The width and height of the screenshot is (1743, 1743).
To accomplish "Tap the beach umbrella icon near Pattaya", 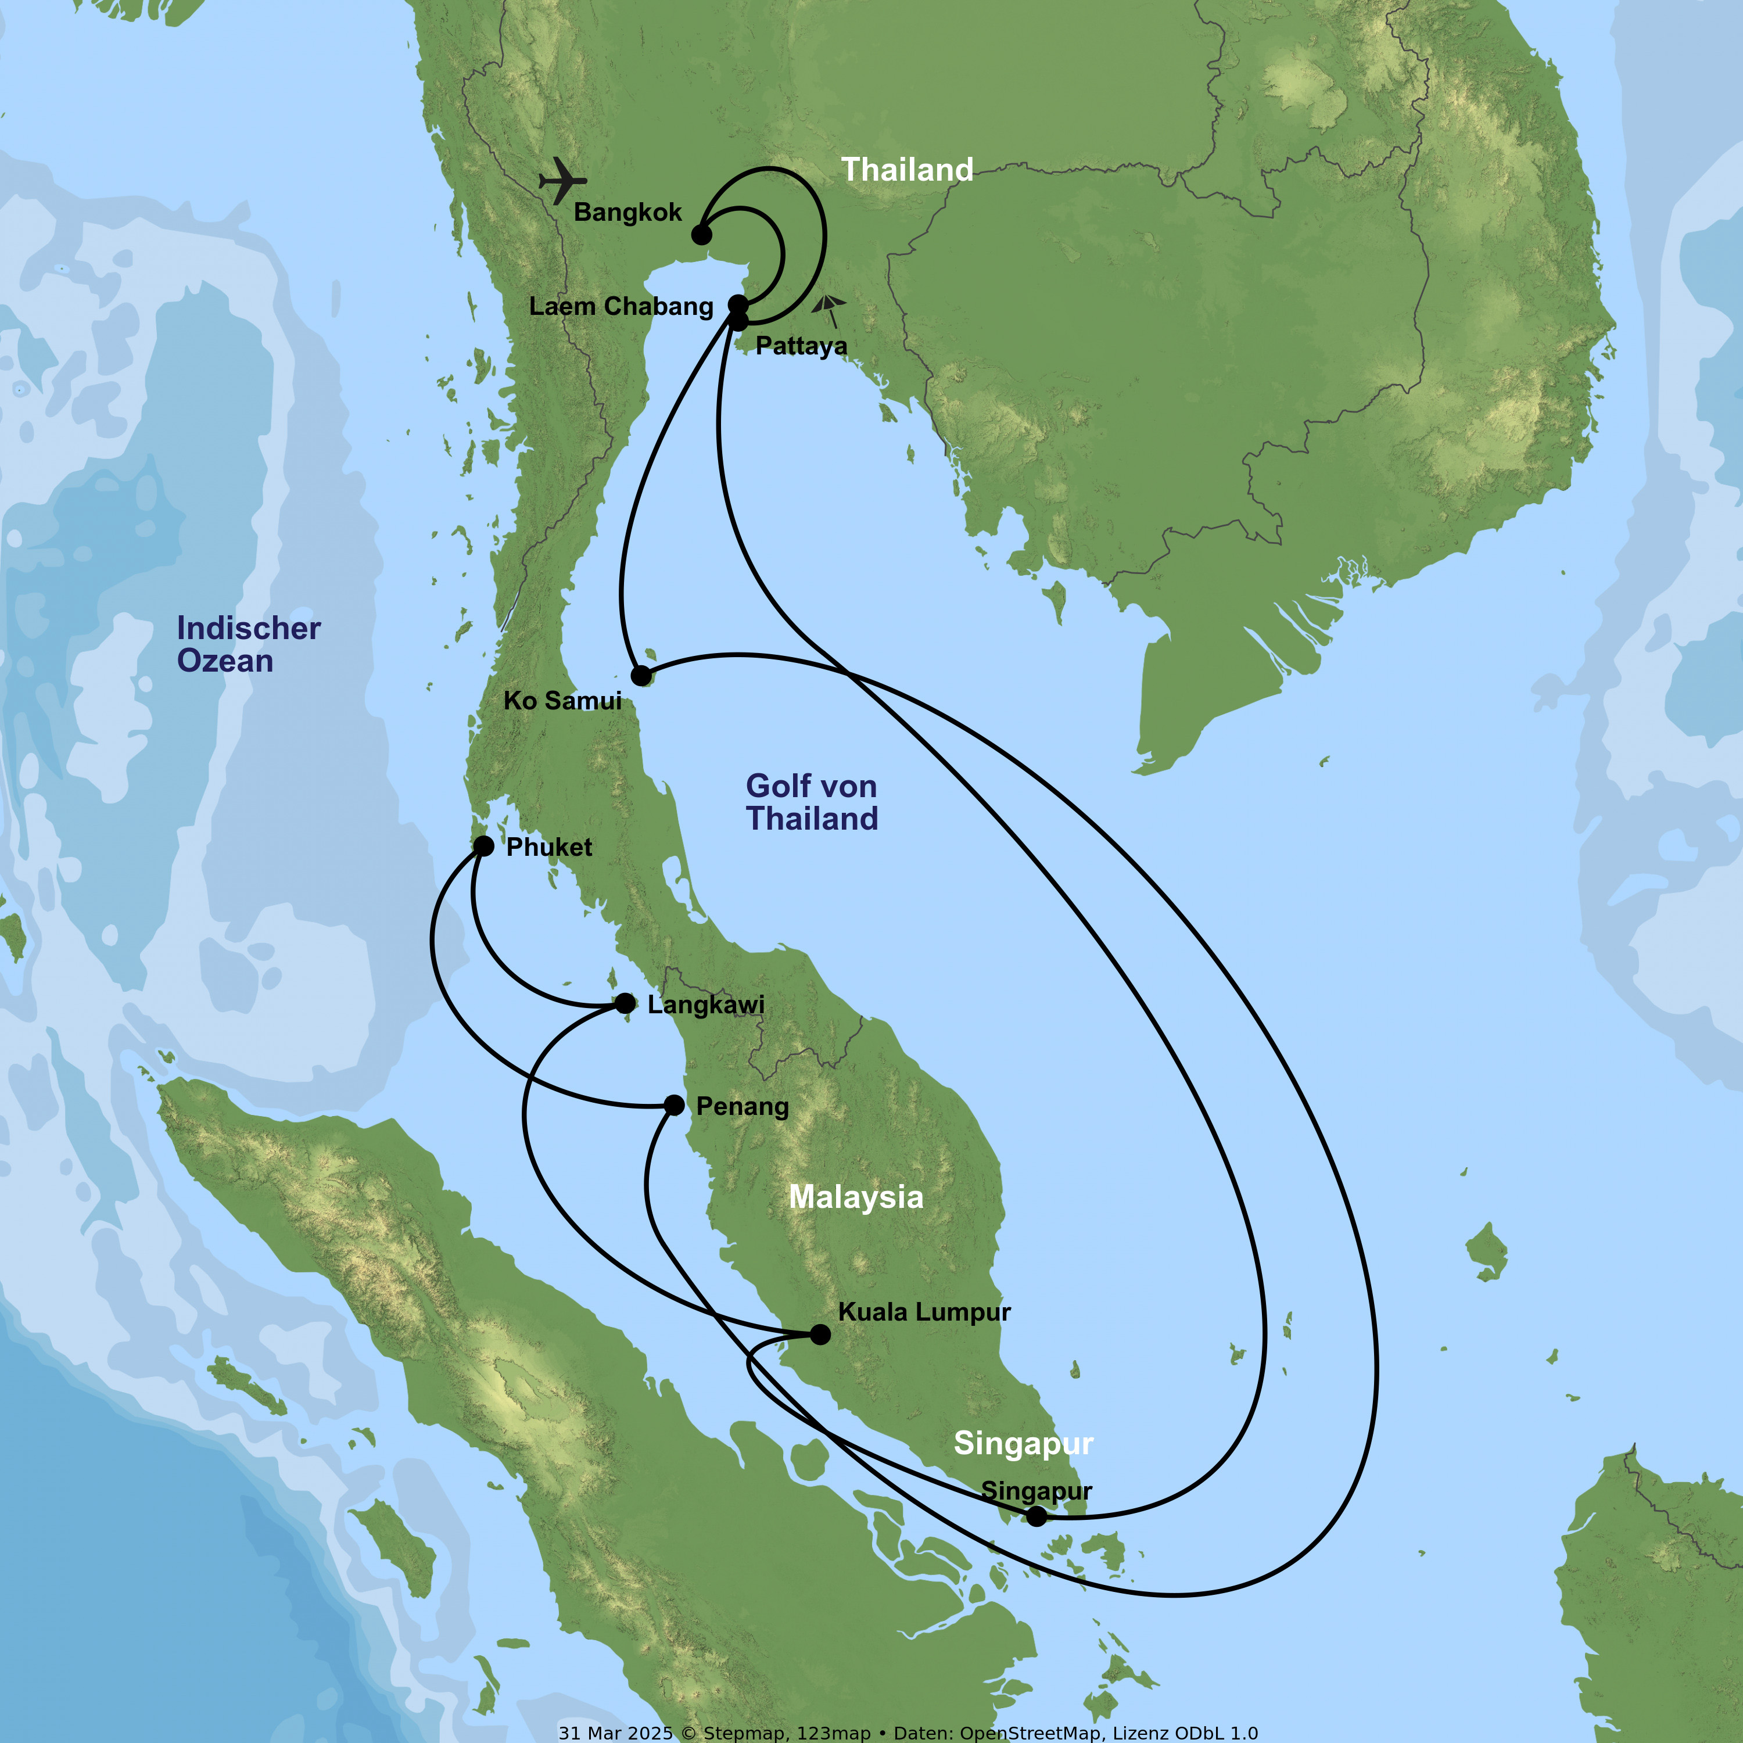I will click(x=828, y=310).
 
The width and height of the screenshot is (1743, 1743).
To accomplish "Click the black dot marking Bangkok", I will click(x=701, y=235).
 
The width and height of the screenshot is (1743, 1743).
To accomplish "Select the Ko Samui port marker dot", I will click(x=640, y=676).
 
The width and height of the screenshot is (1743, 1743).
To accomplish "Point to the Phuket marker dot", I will click(x=483, y=845).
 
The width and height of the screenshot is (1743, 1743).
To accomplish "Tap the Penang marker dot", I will click(x=674, y=1104).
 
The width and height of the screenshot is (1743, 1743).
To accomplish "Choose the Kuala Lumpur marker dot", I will click(x=820, y=1333).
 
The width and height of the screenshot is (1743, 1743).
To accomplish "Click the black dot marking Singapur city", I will click(x=1037, y=1516).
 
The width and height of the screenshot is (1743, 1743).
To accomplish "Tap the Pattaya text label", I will click(x=801, y=346).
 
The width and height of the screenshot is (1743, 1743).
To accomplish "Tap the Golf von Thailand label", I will click(x=811, y=801).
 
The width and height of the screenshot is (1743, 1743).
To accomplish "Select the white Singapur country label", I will click(x=1023, y=1443).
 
